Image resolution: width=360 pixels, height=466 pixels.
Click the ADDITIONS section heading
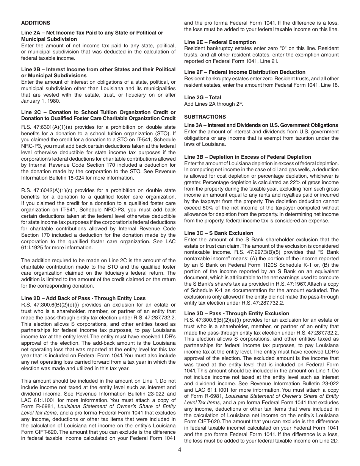[36, 23]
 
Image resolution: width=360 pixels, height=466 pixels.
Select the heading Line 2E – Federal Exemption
[220, 42]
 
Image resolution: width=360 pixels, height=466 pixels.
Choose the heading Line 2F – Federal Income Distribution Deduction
[245, 72]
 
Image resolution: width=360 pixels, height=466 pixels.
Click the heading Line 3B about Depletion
[247, 157]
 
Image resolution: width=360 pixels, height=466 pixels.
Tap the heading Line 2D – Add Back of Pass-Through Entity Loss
[83, 299]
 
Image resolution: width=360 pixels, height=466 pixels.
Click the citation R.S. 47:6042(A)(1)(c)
[44, 190]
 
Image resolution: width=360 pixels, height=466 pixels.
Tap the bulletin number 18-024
[89, 178]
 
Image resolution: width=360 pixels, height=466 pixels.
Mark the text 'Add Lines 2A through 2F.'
[213, 104]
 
